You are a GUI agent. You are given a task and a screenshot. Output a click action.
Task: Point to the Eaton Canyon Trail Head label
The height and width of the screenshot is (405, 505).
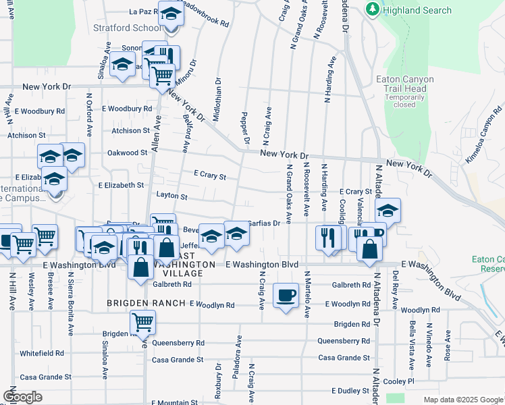point(405,84)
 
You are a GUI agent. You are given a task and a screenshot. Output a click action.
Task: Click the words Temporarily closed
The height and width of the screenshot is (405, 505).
point(405,101)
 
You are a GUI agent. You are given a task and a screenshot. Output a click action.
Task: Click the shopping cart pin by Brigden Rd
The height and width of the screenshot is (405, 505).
point(142,323)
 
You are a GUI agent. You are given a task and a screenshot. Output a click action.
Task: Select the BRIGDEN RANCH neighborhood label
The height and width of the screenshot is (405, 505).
point(146,304)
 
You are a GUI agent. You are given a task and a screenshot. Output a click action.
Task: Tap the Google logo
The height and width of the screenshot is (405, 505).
point(23,396)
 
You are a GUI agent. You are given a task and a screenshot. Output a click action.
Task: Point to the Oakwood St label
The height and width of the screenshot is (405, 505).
point(128,153)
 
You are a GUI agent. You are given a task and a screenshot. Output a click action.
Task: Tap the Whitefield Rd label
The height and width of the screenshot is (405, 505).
point(42,353)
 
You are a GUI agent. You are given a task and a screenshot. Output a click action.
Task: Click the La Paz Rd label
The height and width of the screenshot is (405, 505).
point(143,11)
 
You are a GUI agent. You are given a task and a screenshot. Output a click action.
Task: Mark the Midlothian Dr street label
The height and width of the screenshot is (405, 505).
point(217,99)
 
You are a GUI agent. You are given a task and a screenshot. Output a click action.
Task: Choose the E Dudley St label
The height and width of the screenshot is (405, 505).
point(350,391)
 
